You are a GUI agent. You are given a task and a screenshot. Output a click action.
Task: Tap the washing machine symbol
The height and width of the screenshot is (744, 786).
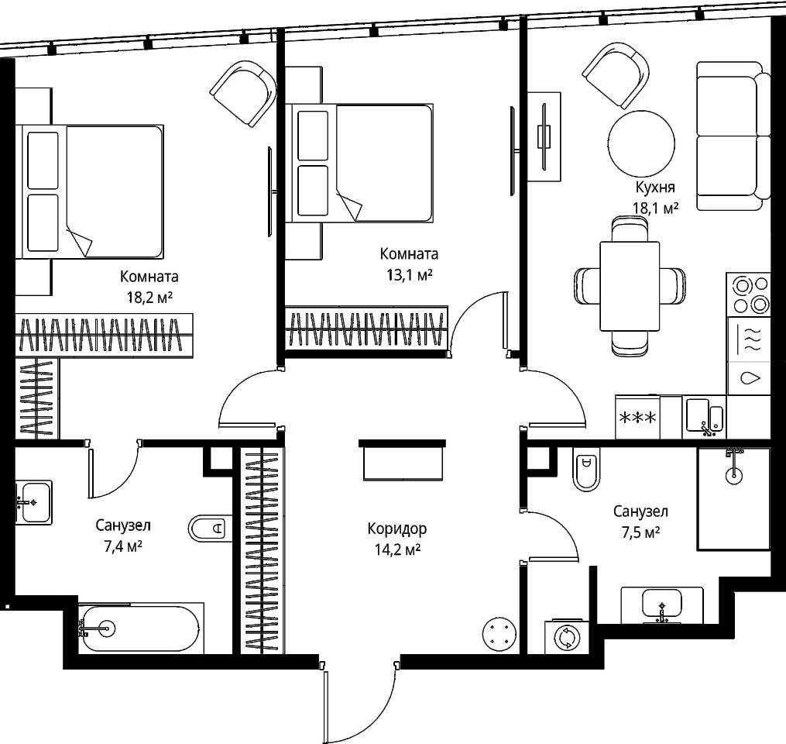click(x=566, y=638)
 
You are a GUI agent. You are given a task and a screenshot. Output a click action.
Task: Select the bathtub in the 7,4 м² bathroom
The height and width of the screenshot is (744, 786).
click(x=140, y=628)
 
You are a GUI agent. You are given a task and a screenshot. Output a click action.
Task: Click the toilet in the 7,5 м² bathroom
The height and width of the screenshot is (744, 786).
click(x=586, y=470)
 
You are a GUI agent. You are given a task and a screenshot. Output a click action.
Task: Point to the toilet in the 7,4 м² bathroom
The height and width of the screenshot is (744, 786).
click(x=211, y=529)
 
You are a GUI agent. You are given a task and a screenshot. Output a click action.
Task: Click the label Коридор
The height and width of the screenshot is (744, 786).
click(x=397, y=529)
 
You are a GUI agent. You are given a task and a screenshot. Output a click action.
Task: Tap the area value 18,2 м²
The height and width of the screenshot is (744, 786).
click(x=149, y=298)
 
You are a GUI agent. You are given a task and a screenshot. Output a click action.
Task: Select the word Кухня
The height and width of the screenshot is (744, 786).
click(x=655, y=187)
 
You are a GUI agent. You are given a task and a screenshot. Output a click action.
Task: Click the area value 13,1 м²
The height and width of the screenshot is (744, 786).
click(x=410, y=275)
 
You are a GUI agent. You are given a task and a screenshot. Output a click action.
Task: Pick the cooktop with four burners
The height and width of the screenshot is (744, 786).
click(x=748, y=294)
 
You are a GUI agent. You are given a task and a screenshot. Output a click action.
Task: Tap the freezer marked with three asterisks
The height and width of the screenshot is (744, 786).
click(x=637, y=418)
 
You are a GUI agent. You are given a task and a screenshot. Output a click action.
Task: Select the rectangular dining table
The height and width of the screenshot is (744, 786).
click(x=630, y=286)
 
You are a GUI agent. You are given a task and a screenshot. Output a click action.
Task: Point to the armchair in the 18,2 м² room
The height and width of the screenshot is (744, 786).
click(x=243, y=93)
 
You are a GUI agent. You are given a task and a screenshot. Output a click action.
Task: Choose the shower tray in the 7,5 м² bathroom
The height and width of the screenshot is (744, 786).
click(x=733, y=498)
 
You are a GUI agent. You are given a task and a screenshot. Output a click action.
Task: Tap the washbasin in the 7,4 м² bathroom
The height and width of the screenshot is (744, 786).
click(x=33, y=502)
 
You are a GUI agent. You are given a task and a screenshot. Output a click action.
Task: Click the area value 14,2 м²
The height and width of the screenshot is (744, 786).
click(x=397, y=549)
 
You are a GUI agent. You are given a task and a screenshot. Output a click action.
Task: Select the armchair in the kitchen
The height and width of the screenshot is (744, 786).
click(x=616, y=76)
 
